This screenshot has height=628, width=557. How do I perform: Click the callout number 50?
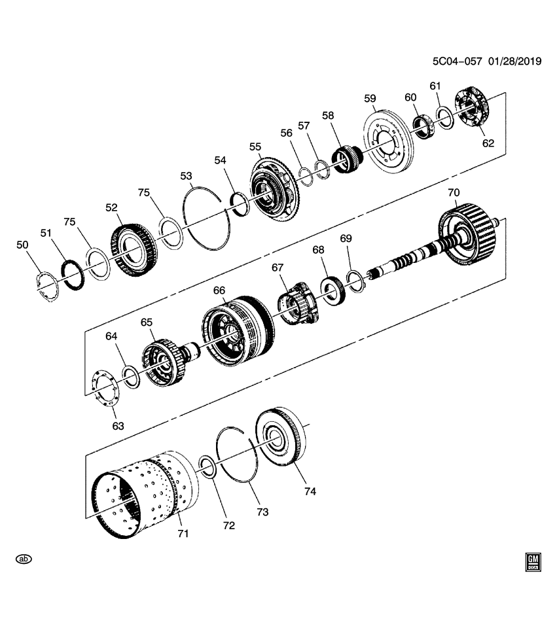point(22,245)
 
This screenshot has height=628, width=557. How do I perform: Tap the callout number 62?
point(488,143)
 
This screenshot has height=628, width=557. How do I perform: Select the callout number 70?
point(454,193)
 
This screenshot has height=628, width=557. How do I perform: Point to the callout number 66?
point(219,290)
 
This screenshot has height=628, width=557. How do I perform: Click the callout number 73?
point(262,512)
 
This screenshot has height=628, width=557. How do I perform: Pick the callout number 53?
point(187,175)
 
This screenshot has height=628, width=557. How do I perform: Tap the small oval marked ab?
point(24,559)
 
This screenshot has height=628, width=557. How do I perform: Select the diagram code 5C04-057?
point(457,61)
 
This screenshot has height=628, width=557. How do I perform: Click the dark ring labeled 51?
point(71,273)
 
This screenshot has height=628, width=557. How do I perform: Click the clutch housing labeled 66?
point(236,330)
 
